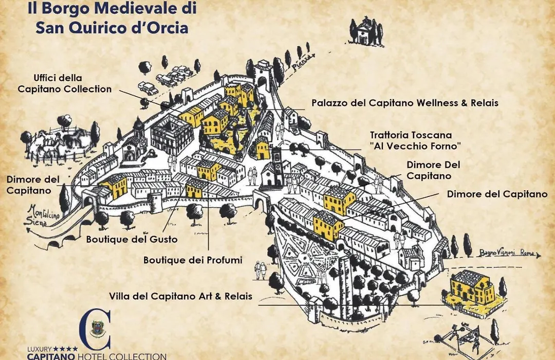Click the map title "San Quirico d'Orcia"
pos(112,28)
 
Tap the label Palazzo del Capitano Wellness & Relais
pos(405,103)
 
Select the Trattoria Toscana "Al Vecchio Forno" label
pos(415,140)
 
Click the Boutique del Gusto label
pos(132,239)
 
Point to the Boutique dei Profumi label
pos(193,260)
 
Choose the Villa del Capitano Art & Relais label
pos(180,296)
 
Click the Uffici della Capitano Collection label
pos(64,84)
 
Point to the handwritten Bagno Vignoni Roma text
pos(507,253)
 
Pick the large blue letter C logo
pos(95,330)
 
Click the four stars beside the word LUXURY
pos(65,349)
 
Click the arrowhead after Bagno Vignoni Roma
pos(539,255)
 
